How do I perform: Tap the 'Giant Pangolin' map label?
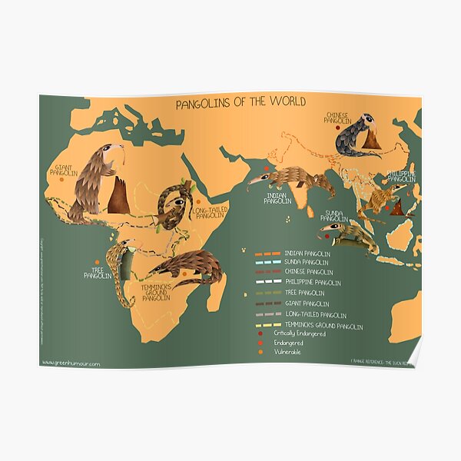(63, 169)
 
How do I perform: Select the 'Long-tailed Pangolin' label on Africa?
(209, 213)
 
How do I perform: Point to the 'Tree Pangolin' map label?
(98, 272)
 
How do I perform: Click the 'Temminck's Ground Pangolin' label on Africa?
(156, 292)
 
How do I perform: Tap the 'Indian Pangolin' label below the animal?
(276, 198)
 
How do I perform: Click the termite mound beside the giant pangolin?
(118, 196)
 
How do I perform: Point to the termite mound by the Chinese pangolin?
(372, 139)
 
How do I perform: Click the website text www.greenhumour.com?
(71, 363)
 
